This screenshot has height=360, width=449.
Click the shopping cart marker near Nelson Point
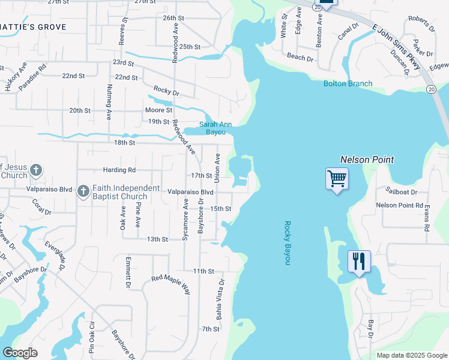point(337,179)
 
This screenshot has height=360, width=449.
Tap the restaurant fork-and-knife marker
point(358,262)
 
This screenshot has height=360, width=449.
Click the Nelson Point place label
point(367,160)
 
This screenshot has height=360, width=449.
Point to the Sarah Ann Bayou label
point(208,128)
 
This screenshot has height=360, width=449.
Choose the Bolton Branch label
point(348,83)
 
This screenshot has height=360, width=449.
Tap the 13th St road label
point(157,239)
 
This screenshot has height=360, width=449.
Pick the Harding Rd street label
point(119,170)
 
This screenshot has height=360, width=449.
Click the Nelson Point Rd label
point(399,205)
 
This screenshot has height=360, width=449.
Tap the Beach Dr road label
point(300,57)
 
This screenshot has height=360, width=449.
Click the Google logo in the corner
point(20,353)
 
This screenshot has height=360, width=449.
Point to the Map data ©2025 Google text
point(411,355)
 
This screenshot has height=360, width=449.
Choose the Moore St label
point(158,110)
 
